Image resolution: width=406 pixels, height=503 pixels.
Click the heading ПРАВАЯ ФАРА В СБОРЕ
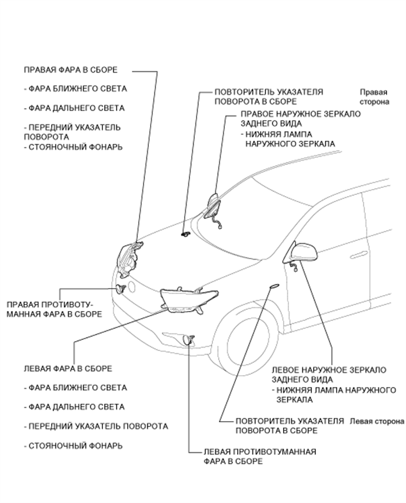click(x=70, y=70)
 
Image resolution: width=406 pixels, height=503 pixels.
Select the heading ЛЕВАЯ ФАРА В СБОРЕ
click(x=68, y=368)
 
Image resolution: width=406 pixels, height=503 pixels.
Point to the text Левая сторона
click(x=376, y=422)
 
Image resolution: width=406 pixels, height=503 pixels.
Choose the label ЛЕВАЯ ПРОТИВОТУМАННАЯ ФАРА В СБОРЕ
click(x=259, y=456)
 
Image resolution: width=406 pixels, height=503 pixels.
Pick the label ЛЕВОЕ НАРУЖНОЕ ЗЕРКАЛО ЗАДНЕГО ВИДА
click(x=328, y=375)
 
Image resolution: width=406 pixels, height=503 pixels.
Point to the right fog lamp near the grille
click(x=121, y=289)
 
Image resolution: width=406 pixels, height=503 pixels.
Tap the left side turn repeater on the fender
click(x=273, y=286)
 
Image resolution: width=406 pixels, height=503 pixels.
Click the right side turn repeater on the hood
click(x=185, y=234)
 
